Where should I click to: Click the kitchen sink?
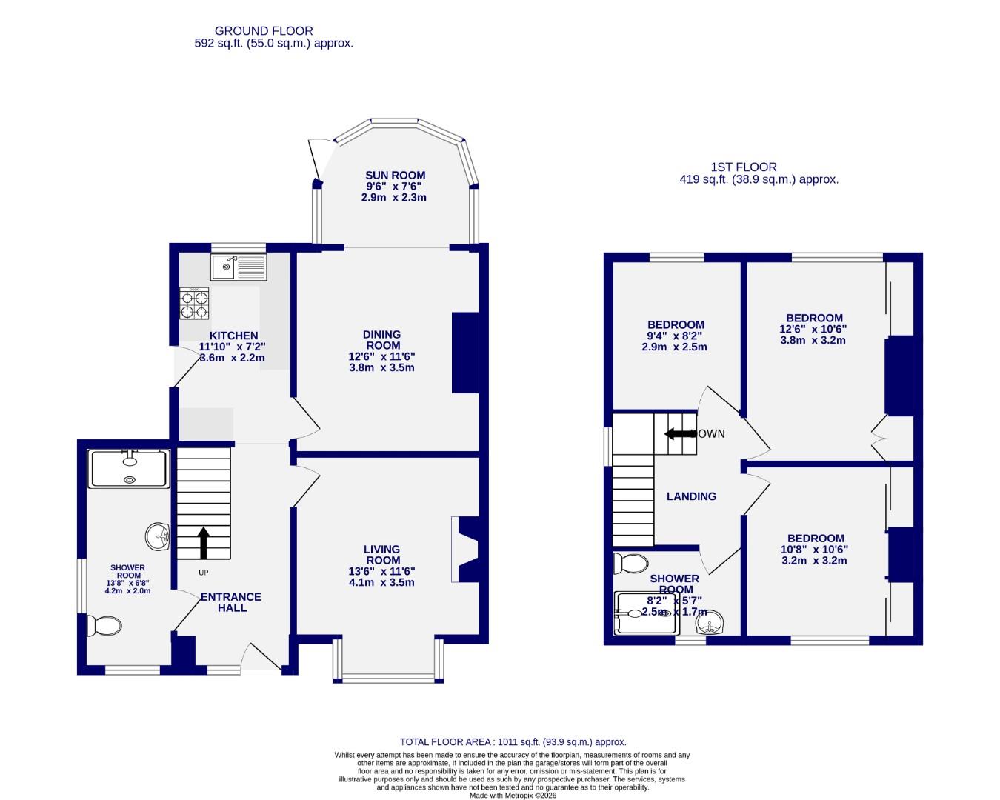point(239,267)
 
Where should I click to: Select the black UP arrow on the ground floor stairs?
point(203,543)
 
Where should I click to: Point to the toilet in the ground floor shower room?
point(104,626)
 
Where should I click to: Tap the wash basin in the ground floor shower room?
point(159,536)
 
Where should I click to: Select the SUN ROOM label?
point(395,176)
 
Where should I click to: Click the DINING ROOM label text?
point(381,340)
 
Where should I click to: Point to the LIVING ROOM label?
point(381,555)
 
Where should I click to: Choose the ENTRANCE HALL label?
point(231,602)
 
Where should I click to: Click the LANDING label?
point(691,496)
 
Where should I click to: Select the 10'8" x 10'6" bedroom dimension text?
point(815,550)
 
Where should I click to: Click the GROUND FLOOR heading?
point(264,30)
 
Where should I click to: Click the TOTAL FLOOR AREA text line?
point(513,741)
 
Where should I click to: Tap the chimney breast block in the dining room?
point(465,352)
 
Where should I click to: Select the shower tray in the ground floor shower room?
point(130,469)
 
